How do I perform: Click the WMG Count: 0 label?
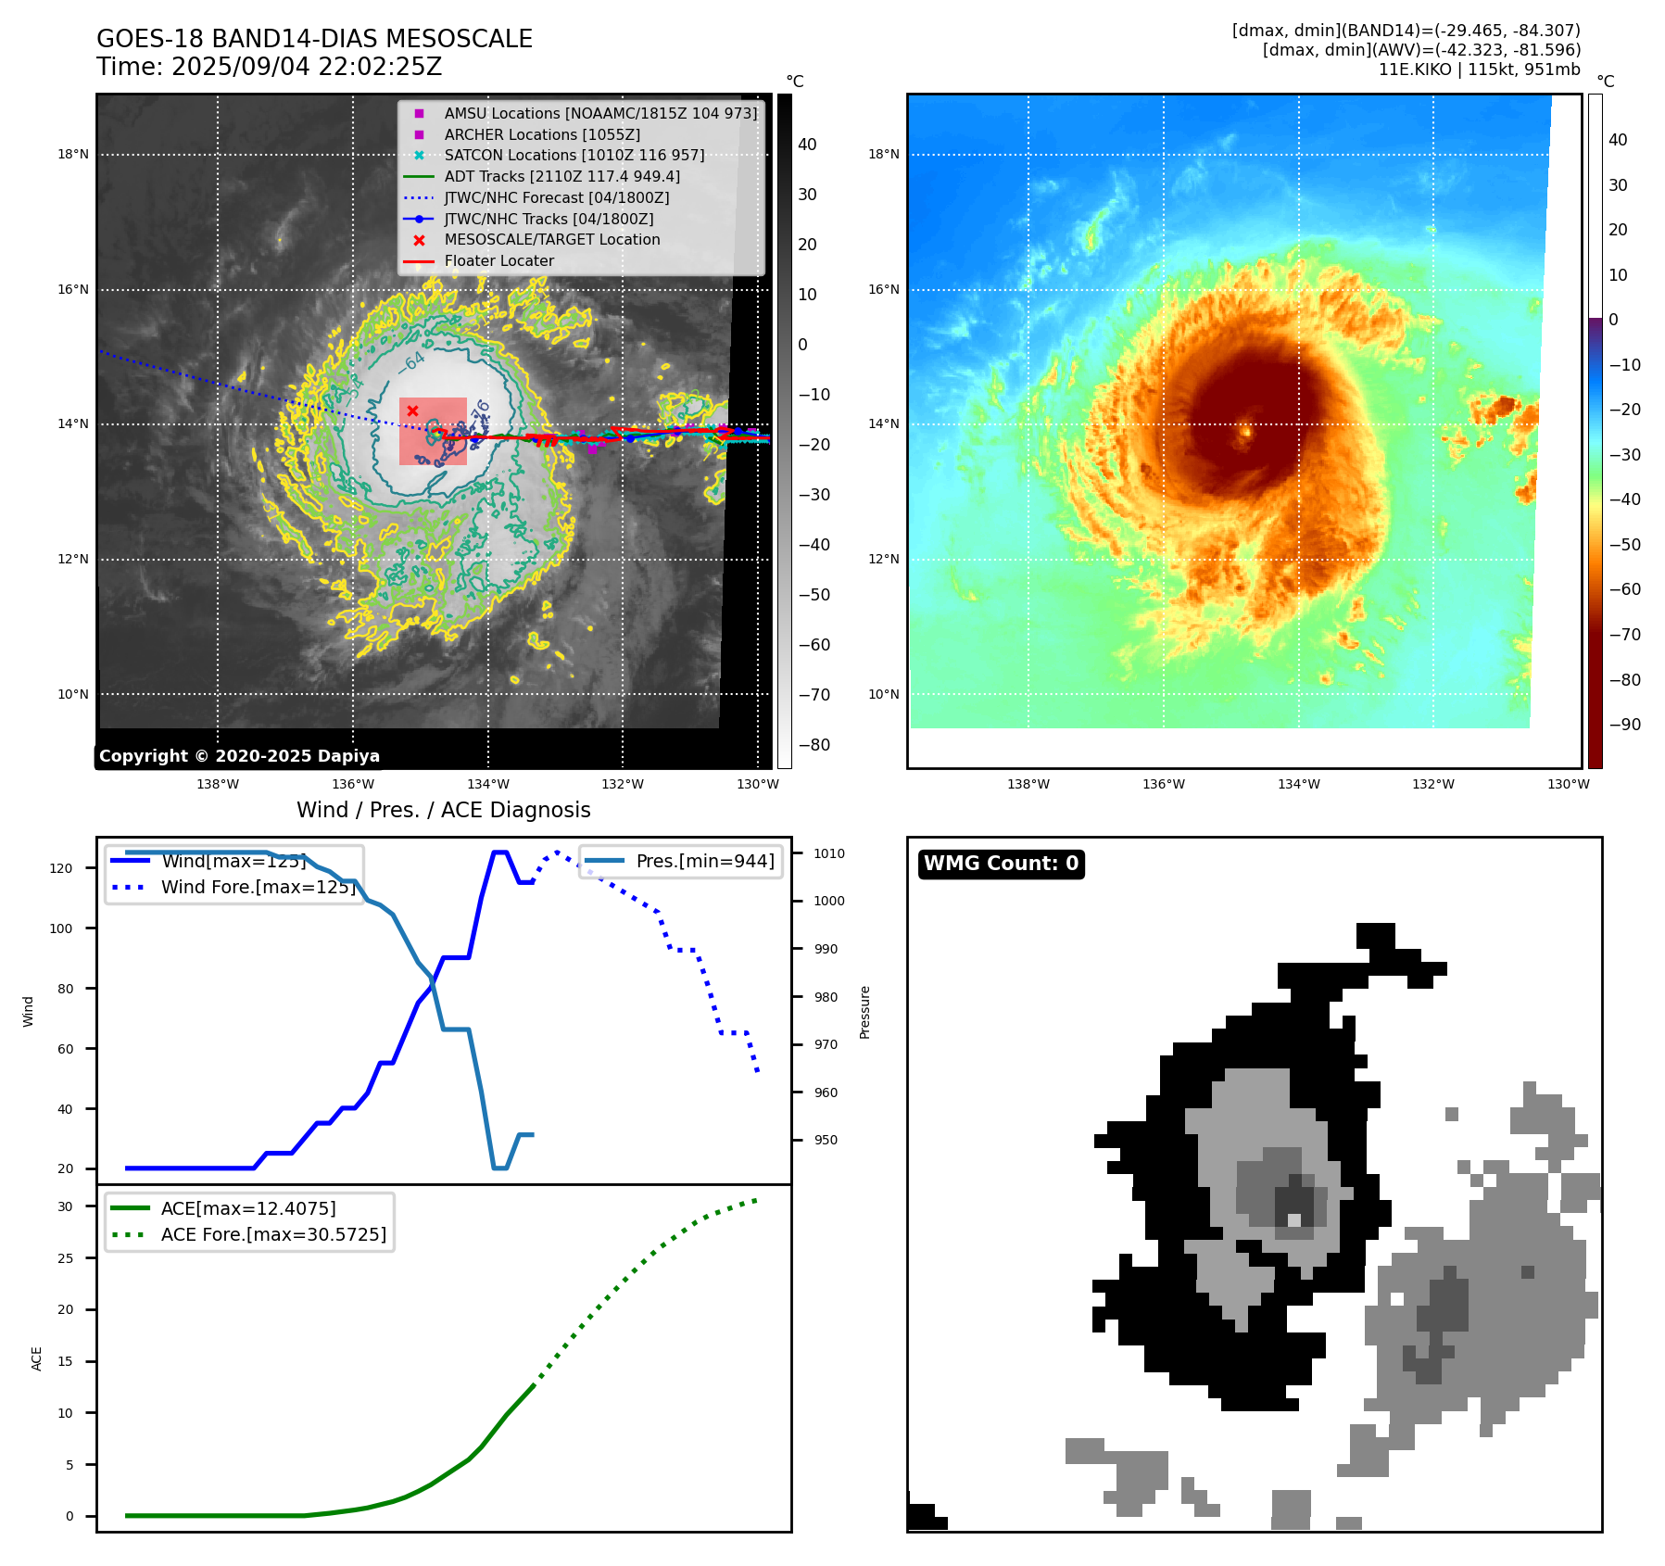coord(1001,864)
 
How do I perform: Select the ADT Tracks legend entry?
coord(561,176)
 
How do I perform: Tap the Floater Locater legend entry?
coord(498,261)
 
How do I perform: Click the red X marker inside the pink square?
coord(413,410)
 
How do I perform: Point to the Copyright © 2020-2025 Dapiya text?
coord(239,756)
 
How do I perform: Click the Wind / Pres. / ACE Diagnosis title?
coord(443,810)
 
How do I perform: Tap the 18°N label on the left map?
coord(73,155)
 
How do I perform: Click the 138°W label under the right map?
coord(1028,784)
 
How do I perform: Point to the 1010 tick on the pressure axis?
coord(829,853)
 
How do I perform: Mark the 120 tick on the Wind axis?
coord(61,868)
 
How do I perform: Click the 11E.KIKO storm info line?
coord(1479,69)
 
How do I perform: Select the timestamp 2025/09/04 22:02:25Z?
coord(307,67)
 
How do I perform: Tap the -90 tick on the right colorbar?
coord(1624,725)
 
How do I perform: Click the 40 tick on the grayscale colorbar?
coord(807,145)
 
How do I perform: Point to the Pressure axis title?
coord(864,1012)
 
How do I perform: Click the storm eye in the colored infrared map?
coord(1245,430)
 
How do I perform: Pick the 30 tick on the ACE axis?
coord(65,1206)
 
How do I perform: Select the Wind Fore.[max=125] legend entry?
coord(258,887)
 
